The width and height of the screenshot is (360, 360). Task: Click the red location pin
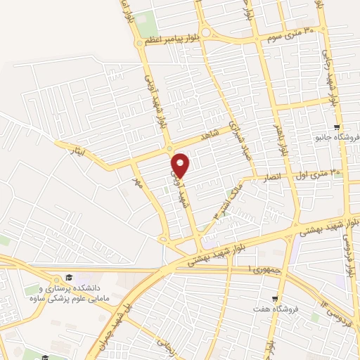pos(181,166)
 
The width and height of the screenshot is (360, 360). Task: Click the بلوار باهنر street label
pos(283,138)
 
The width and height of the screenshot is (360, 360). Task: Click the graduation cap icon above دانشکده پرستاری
pos(69,278)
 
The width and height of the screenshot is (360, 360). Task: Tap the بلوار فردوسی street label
pos(346,246)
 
